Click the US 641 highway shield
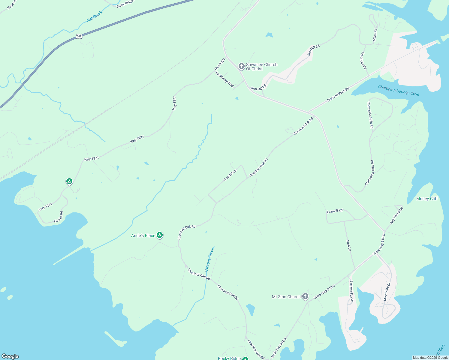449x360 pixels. click(79, 36)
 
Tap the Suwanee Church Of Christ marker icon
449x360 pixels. click(241, 66)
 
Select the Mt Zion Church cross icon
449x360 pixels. click(305, 296)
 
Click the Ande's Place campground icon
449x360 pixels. click(160, 235)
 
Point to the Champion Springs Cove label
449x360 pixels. click(399, 90)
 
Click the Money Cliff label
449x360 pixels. click(427, 199)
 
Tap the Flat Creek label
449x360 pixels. click(94, 16)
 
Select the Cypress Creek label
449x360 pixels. click(209, 259)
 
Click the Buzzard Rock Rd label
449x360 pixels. click(338, 94)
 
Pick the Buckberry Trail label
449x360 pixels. click(224, 79)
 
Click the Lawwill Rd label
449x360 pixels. click(335, 211)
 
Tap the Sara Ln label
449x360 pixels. click(348, 245)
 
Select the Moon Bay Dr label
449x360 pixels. click(387, 292)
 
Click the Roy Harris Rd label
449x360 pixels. click(396, 215)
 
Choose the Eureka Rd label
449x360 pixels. click(59, 217)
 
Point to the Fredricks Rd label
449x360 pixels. click(363, 61)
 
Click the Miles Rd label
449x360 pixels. click(375, 35)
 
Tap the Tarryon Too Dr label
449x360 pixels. click(351, 291)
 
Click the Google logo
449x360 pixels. click(10, 356)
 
